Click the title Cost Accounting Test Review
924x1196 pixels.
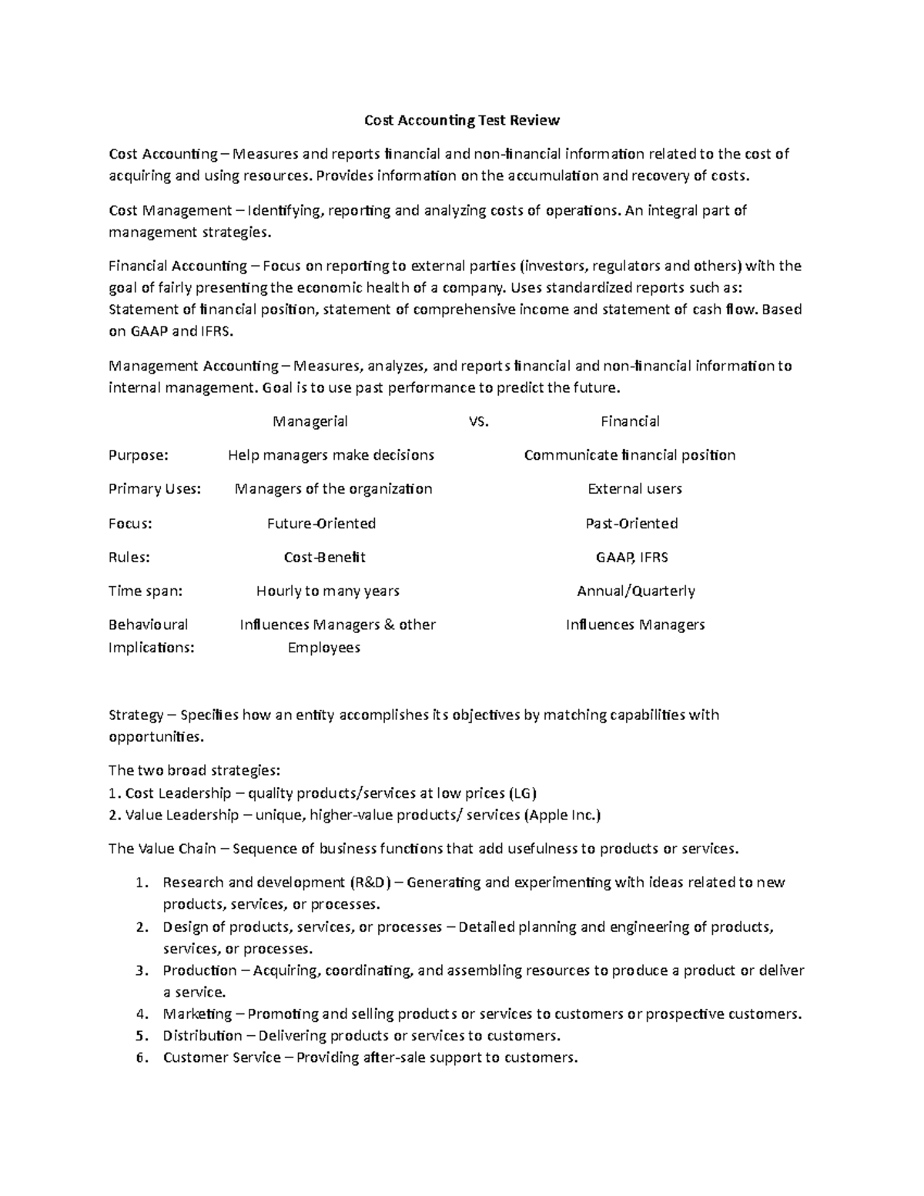point(461,120)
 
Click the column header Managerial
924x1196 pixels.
point(310,421)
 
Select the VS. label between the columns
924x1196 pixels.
point(478,421)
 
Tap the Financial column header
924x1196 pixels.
point(630,421)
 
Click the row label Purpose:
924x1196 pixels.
point(138,455)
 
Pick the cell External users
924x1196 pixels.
point(634,489)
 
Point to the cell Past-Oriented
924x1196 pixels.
point(631,524)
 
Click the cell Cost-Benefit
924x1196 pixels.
point(324,558)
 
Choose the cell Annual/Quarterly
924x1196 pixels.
point(635,591)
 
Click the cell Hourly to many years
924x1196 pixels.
point(327,591)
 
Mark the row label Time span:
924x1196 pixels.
point(146,591)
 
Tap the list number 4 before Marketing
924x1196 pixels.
point(141,1014)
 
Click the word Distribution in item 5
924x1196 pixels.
point(202,1036)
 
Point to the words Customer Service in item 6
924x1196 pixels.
point(222,1057)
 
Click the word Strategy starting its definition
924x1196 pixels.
point(136,715)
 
